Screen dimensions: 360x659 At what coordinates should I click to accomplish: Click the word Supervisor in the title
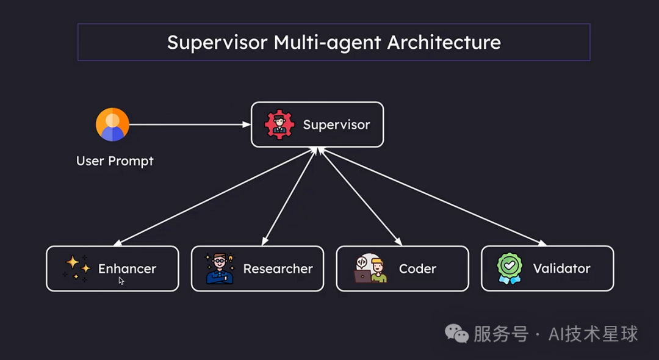click(x=217, y=43)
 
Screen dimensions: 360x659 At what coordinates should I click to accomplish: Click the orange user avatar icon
click(x=112, y=124)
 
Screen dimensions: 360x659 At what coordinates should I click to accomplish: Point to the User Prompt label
click(x=115, y=161)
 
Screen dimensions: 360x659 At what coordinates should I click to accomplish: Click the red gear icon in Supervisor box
click(x=279, y=124)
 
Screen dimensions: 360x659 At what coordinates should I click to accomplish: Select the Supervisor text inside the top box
click(x=336, y=124)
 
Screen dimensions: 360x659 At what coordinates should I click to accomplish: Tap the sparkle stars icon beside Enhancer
click(x=76, y=268)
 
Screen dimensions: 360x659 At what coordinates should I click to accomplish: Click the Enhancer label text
click(x=127, y=268)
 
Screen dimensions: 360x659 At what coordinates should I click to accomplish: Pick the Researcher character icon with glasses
click(x=219, y=268)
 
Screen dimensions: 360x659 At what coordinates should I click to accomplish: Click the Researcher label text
click(x=278, y=268)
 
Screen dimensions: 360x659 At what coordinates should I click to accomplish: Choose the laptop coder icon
click(x=370, y=268)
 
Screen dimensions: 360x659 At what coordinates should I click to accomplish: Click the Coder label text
click(x=417, y=268)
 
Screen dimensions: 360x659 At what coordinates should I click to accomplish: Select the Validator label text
click(x=561, y=268)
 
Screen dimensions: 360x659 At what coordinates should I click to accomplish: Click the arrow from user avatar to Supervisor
click(x=189, y=124)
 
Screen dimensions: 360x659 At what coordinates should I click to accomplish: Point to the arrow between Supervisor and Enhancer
click(x=214, y=196)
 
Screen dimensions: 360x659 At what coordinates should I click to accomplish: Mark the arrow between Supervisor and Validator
click(x=432, y=196)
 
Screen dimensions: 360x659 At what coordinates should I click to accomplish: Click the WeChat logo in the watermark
click(x=457, y=333)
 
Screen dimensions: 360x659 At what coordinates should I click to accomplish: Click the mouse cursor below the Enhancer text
click(x=121, y=281)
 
